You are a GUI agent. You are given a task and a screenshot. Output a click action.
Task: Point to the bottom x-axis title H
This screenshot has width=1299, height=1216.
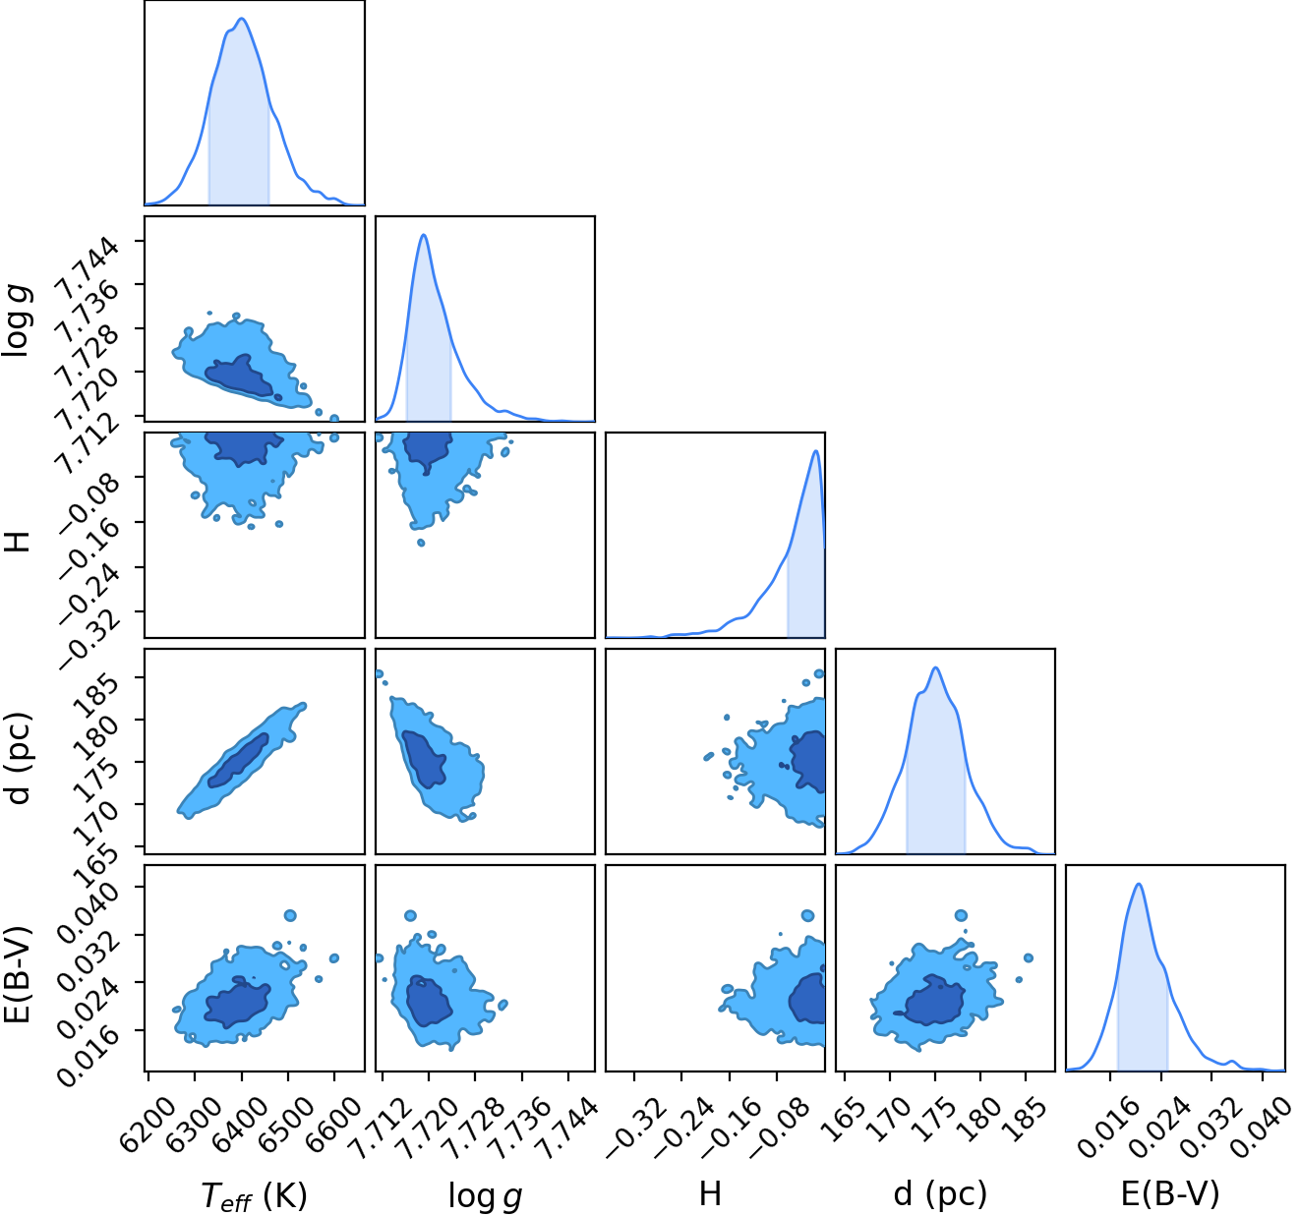pos(710,1194)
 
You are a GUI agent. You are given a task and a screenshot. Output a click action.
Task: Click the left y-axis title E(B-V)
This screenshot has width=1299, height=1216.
pos(18,975)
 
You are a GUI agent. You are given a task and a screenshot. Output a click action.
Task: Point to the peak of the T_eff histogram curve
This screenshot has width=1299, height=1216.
pos(242,19)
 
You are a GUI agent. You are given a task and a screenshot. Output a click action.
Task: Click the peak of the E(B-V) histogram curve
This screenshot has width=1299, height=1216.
pos(1139,884)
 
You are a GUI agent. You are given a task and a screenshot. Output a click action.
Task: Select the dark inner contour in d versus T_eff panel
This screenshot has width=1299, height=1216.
pos(238,760)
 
